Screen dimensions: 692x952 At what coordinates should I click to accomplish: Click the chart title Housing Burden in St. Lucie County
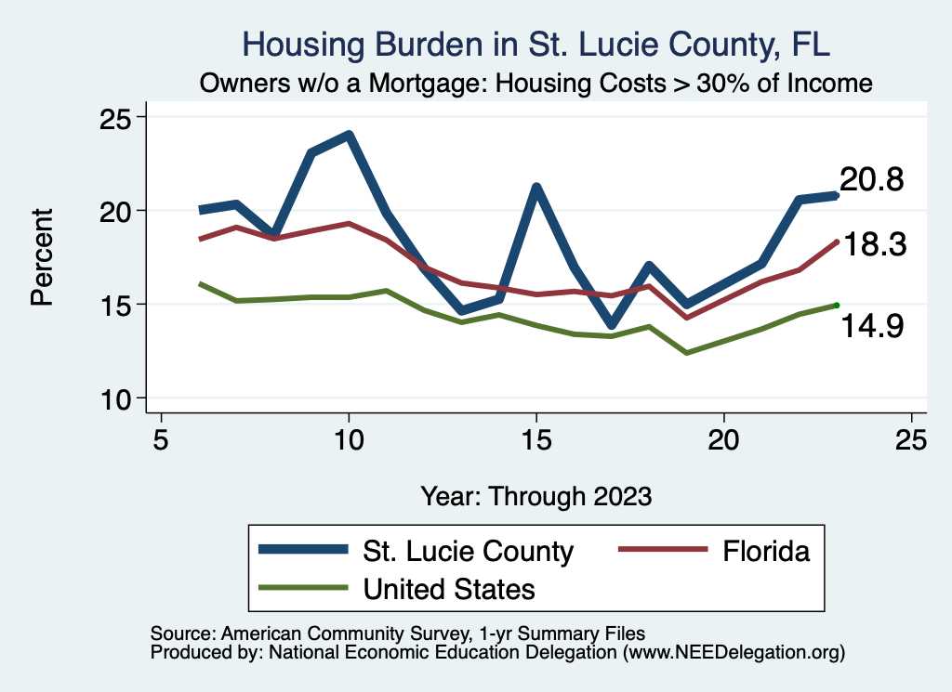(535, 44)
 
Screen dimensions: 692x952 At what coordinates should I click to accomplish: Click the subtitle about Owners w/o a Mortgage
(535, 84)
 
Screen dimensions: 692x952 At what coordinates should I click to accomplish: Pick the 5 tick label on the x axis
(161, 439)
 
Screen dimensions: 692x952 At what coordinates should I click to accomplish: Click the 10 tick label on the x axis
(349, 439)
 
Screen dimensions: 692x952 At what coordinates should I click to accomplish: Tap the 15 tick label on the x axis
(536, 439)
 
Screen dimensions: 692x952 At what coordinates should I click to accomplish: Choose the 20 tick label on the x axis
(723, 439)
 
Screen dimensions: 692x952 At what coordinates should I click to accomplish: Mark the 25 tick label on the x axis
(911, 439)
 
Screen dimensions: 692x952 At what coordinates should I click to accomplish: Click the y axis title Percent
(42, 257)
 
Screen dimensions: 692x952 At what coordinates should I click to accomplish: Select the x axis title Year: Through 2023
(535, 495)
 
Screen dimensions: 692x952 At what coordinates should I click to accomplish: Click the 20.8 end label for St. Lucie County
(872, 179)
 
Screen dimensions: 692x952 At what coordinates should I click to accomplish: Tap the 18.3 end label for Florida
(872, 244)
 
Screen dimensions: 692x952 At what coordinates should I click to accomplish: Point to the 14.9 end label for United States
(872, 325)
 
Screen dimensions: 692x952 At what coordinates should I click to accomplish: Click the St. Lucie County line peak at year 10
(349, 136)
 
